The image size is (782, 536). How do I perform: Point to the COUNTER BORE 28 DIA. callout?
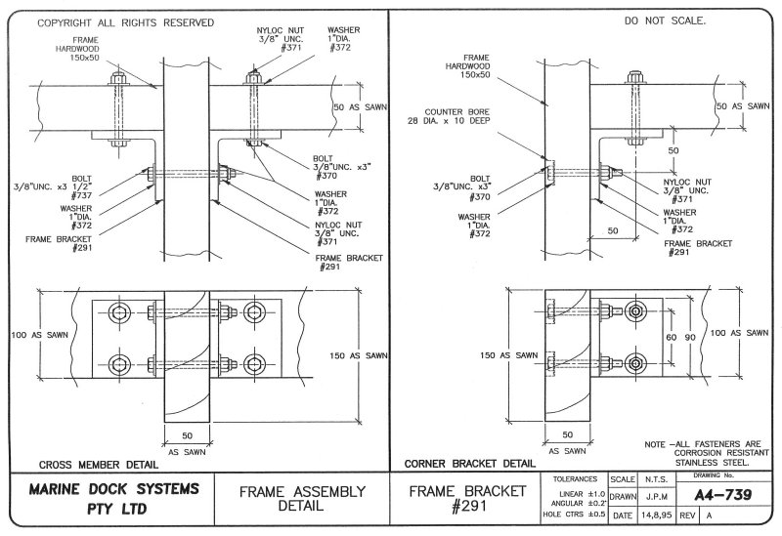coord(457,115)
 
